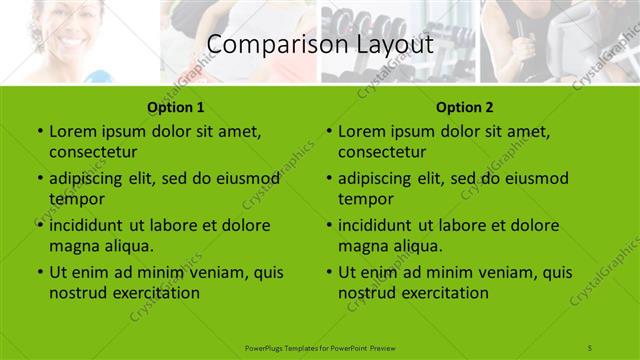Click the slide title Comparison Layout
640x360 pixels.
(x=319, y=45)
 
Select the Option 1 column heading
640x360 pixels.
(x=175, y=107)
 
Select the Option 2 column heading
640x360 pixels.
(x=465, y=107)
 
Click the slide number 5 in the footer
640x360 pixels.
(x=591, y=346)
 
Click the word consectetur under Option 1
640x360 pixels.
(x=93, y=152)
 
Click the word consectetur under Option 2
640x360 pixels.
(x=383, y=152)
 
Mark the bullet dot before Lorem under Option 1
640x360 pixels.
(x=39, y=131)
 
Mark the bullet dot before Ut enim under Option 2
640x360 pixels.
(x=329, y=272)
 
